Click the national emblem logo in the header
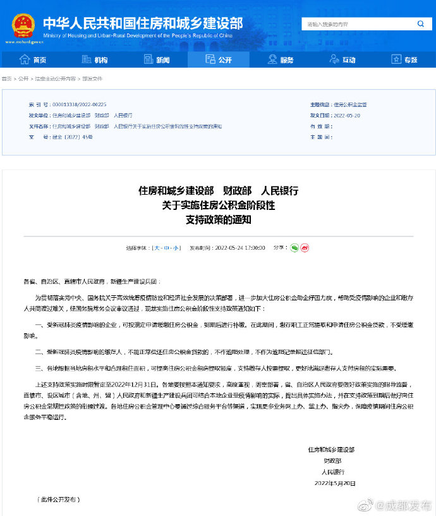point(23,25)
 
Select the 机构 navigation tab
point(95,59)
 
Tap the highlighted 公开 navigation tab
point(219,59)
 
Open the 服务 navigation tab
point(281,59)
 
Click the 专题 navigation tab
point(404,59)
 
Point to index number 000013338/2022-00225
point(80,104)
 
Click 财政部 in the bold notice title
point(238,190)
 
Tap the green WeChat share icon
point(294,247)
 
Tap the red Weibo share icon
point(305,247)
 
